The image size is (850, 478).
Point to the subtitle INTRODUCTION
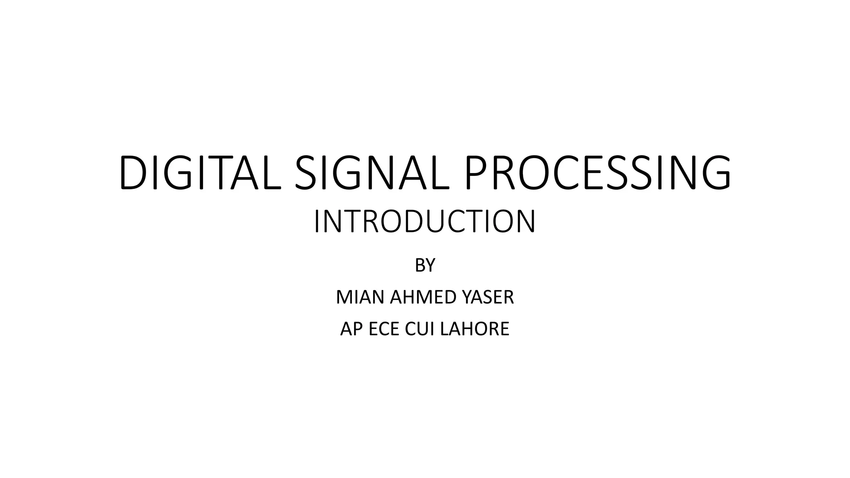click(x=425, y=222)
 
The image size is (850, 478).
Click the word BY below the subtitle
click(x=425, y=265)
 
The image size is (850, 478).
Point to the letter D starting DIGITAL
click(x=133, y=173)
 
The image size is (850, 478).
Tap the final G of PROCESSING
click(x=714, y=173)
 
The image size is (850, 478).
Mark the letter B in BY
click(x=420, y=265)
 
